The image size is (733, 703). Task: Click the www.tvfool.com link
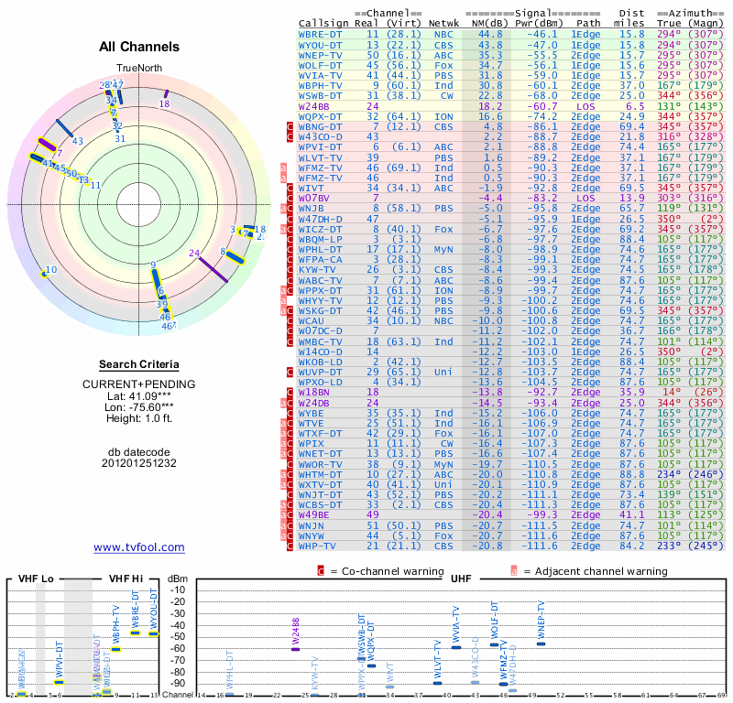tap(139, 547)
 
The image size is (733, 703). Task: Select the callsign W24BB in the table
tap(315, 106)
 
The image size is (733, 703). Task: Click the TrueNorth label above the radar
tap(138, 69)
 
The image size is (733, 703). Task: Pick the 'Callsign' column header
tap(323, 22)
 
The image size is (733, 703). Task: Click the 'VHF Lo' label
tap(36, 579)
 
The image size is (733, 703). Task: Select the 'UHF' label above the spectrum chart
tap(463, 579)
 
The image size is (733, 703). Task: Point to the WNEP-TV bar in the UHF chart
tap(541, 643)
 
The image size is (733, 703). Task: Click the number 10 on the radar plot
tap(50, 269)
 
